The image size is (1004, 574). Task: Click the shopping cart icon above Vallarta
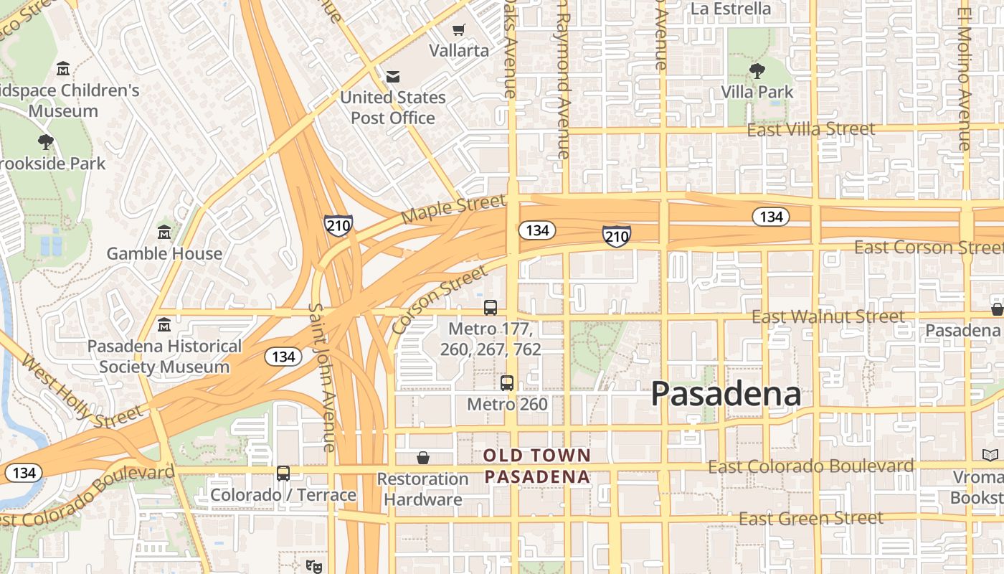458,30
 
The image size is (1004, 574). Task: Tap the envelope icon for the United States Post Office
393,77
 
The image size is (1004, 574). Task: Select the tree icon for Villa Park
757,70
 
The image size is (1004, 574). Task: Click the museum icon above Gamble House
164,232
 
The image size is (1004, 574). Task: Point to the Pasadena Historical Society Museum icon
164,324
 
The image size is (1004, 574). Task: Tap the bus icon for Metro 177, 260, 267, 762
491,308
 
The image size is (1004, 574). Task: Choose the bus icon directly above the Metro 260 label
507,382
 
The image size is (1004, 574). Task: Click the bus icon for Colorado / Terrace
283,474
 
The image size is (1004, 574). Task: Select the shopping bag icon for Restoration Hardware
423,458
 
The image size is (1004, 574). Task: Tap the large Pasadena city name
726,395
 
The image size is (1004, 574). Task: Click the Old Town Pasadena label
537,466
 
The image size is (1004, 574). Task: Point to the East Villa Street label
811,130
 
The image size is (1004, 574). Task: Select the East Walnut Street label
828,316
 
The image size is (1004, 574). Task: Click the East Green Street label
810,518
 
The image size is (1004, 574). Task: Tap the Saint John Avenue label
322,377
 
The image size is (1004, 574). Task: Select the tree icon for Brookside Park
46,141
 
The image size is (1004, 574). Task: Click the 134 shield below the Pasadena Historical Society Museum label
283,357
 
